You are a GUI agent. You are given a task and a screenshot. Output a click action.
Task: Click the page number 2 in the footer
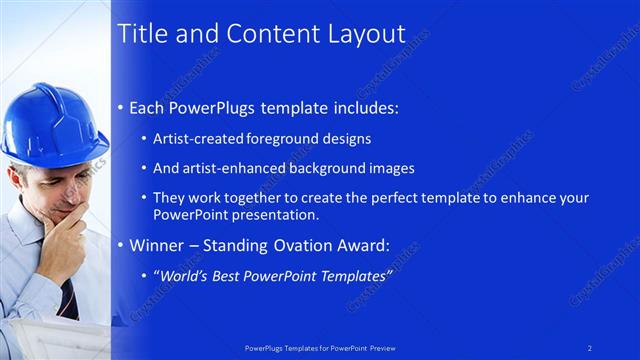tap(589, 346)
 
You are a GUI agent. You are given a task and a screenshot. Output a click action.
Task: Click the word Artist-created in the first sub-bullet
tap(193, 139)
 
